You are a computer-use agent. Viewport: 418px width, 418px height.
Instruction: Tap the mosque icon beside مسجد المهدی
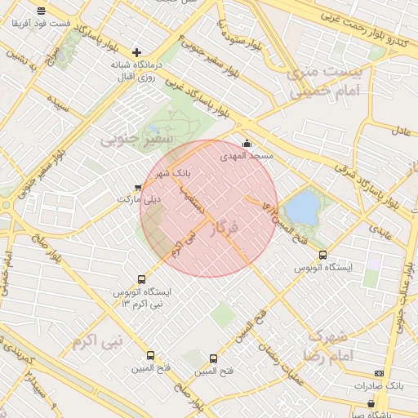(247, 145)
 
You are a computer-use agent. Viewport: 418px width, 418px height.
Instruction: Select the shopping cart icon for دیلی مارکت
(137, 188)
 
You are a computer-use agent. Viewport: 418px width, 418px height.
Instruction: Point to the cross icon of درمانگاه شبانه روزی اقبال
(136, 52)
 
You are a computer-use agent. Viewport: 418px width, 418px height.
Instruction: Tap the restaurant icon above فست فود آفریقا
(41, 11)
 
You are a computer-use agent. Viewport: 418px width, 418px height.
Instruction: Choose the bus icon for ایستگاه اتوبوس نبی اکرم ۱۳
(142, 279)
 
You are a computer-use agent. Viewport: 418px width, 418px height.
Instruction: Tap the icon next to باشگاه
(371, 403)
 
